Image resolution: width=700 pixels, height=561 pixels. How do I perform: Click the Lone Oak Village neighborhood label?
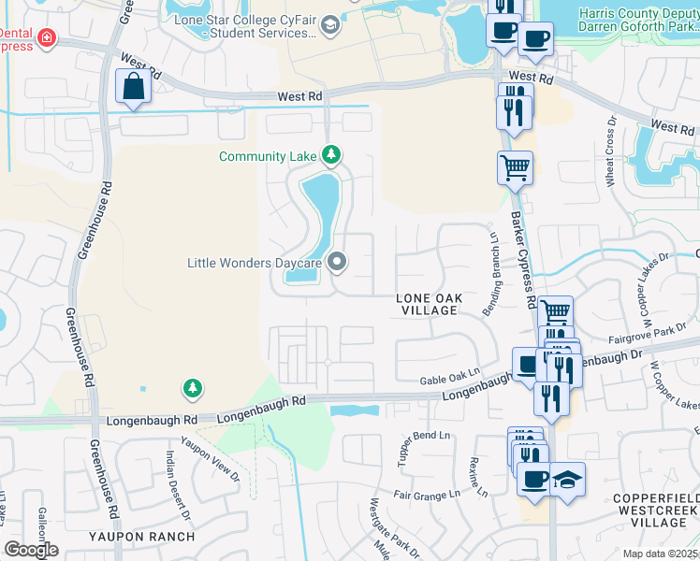point(429,304)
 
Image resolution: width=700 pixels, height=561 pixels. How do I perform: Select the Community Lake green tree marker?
point(330,154)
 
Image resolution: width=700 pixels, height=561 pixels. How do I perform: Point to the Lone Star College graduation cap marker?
point(328,25)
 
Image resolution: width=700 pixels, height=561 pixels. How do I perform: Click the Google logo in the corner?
point(31,550)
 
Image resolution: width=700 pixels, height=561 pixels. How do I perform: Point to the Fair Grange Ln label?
point(426,494)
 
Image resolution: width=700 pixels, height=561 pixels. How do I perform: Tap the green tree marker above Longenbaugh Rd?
point(193,387)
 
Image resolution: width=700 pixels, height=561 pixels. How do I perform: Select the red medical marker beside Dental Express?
point(45,38)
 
